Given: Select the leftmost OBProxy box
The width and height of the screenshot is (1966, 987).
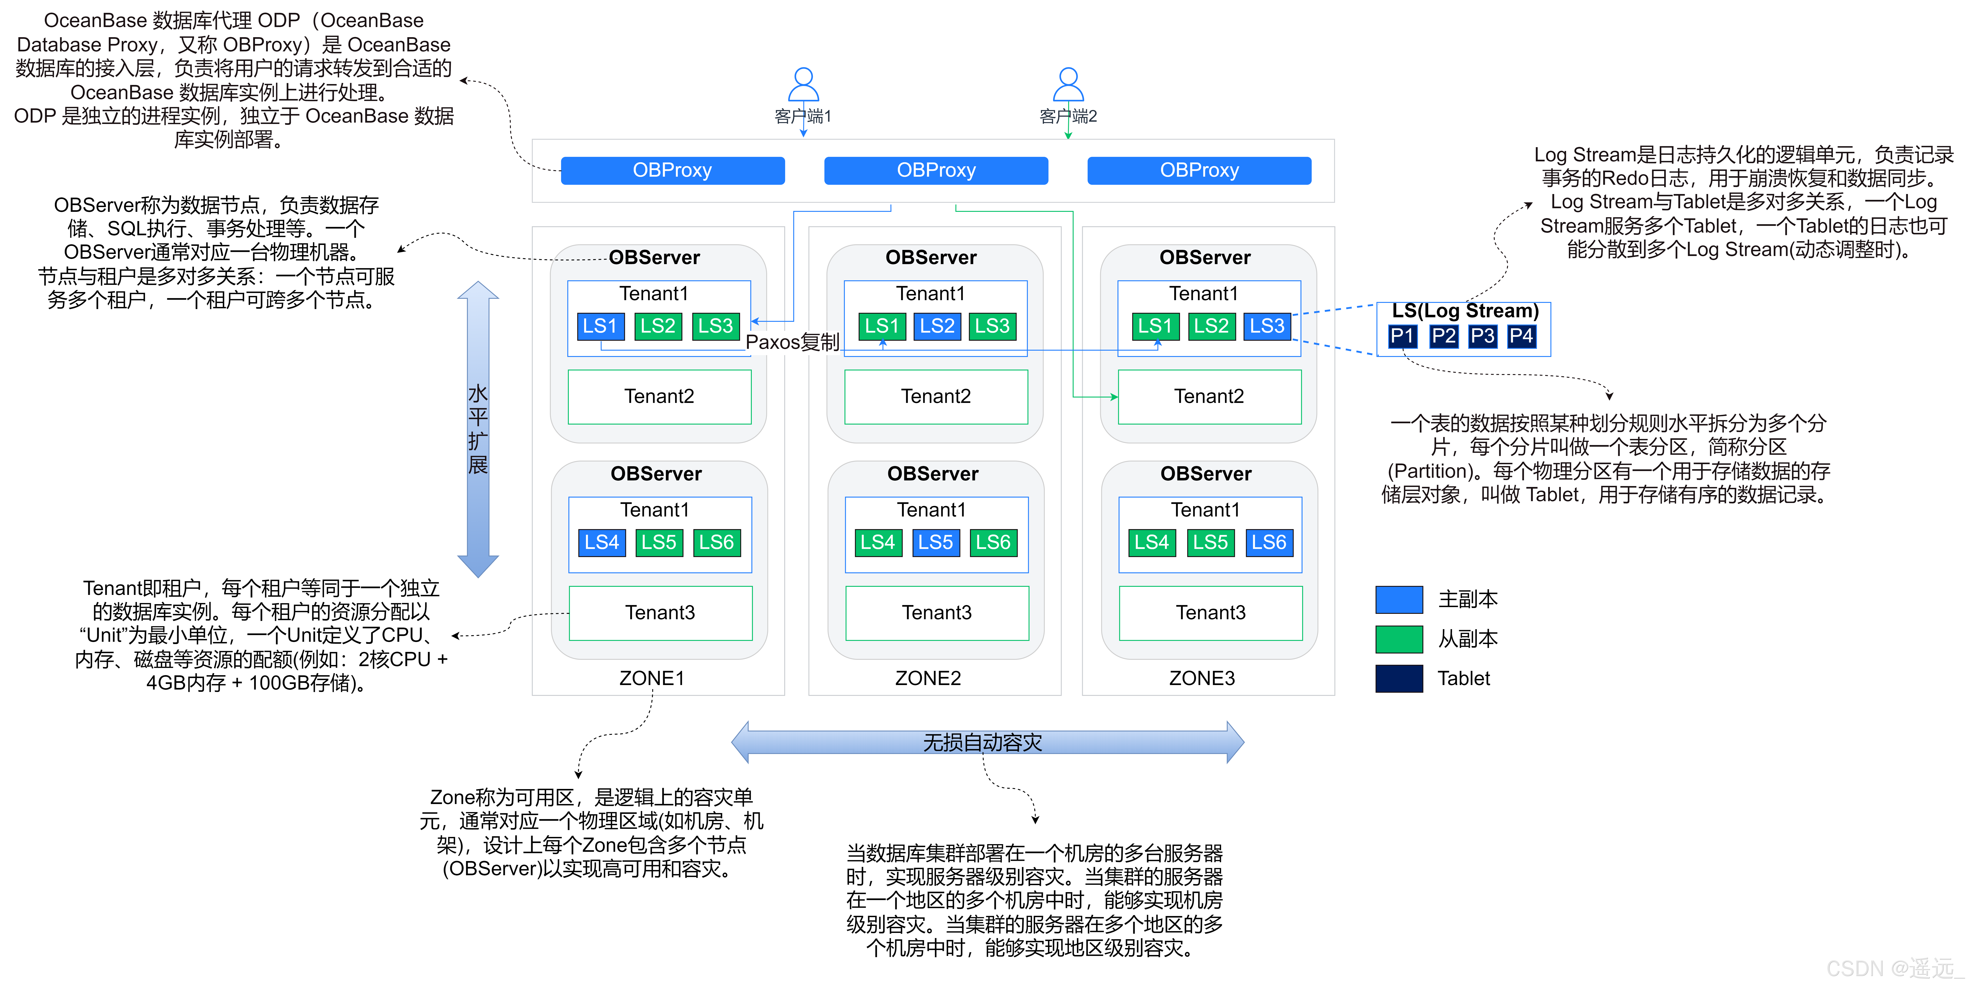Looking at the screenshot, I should click(x=672, y=170).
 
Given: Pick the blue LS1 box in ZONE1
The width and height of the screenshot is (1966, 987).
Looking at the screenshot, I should click(x=600, y=326).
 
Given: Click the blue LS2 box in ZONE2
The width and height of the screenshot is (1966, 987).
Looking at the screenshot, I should click(x=937, y=326).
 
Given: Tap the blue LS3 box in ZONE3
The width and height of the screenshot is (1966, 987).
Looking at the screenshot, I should click(x=1267, y=326).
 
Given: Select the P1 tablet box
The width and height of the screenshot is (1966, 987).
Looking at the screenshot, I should click(x=1402, y=336).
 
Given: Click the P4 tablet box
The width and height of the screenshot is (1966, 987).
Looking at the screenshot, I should click(x=1521, y=336).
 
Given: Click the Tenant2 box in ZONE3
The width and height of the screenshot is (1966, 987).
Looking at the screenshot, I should click(x=1209, y=396).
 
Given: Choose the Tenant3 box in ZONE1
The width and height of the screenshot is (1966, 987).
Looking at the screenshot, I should click(x=660, y=612).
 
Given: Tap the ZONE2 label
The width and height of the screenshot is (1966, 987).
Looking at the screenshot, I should click(x=928, y=678).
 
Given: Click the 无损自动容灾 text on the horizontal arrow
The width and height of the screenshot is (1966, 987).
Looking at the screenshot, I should click(x=982, y=742).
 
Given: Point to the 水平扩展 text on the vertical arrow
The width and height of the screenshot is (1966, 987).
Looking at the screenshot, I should click(x=478, y=429).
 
